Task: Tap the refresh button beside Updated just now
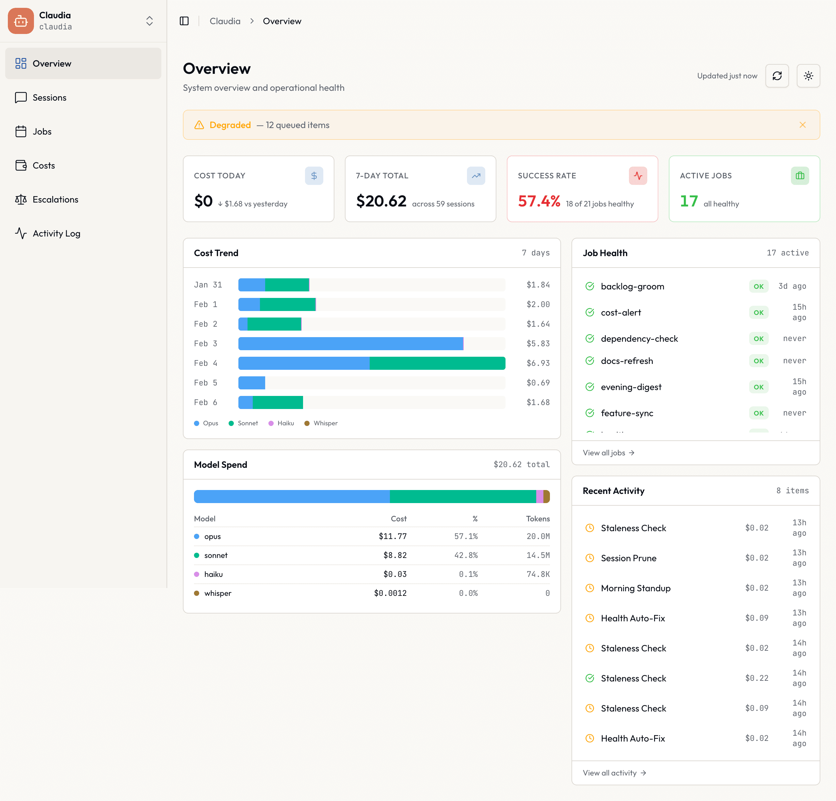(x=777, y=76)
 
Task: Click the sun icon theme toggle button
(x=808, y=76)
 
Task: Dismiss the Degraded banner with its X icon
(x=802, y=125)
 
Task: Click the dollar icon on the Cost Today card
(x=314, y=176)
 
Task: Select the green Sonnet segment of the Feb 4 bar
(x=437, y=363)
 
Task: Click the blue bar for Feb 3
(x=350, y=344)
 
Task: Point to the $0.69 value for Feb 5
(x=538, y=383)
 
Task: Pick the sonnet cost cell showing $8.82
(x=394, y=555)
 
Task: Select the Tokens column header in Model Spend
(x=538, y=518)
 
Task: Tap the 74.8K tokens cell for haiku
(x=538, y=574)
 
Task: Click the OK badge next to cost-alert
(x=758, y=312)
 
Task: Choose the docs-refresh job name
(x=627, y=361)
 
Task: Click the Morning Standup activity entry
(x=635, y=588)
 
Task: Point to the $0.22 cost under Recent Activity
(x=757, y=678)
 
